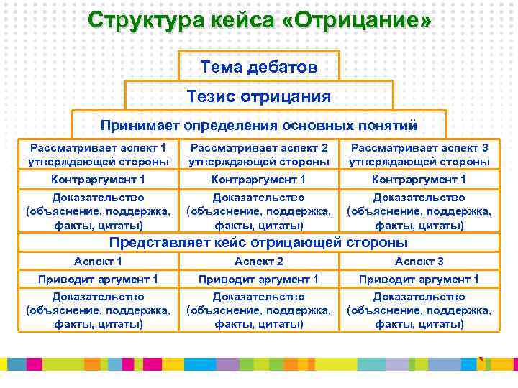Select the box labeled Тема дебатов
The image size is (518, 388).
click(259, 67)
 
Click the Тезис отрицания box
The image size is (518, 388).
click(259, 96)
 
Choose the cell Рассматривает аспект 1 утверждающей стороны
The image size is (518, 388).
click(99, 154)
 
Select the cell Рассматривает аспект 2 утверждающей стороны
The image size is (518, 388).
click(259, 154)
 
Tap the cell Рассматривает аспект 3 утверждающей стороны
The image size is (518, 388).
click(419, 154)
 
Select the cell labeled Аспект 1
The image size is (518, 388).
click(99, 262)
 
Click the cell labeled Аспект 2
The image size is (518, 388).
click(259, 262)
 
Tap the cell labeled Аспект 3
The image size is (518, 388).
click(419, 262)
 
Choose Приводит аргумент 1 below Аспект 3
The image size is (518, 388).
click(419, 279)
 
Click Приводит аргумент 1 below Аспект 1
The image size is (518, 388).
click(99, 279)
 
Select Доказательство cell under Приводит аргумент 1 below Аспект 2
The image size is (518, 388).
click(259, 310)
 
